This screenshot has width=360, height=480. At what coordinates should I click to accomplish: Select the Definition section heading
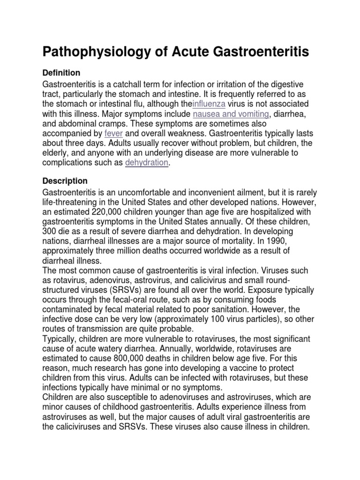[x=61, y=73]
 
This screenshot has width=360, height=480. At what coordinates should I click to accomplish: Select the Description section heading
[x=65, y=180]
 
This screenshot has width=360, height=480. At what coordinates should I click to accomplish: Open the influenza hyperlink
[x=212, y=104]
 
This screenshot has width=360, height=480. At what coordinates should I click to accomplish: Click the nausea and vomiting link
[x=230, y=114]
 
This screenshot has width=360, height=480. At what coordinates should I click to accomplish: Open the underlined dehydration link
[x=146, y=163]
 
